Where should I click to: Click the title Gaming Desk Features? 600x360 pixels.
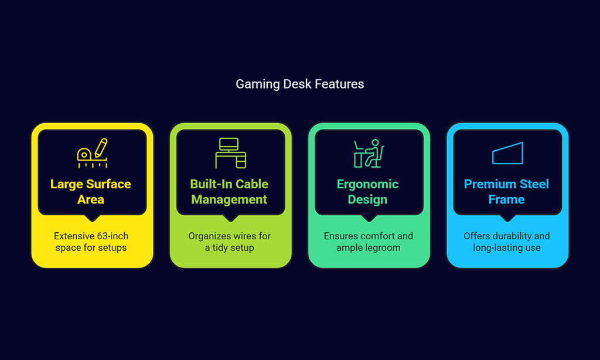299,84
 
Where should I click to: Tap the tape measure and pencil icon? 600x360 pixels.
92,153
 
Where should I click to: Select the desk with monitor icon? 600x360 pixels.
230,153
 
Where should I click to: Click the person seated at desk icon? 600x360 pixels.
369,153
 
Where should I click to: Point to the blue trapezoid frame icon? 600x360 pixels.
507,154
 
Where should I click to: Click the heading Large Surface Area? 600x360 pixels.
91,192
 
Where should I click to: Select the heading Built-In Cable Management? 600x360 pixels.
229,192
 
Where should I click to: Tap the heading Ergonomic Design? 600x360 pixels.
368,192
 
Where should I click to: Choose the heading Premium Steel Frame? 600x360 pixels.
506,192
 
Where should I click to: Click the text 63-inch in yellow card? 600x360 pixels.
112,236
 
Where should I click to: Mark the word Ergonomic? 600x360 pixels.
368,185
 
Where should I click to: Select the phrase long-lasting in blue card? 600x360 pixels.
496,248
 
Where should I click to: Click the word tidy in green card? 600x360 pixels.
220,248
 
